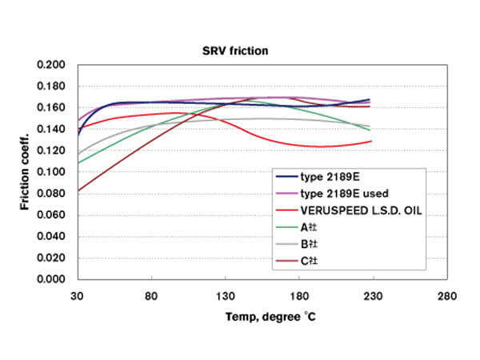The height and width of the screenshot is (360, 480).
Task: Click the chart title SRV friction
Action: click(x=234, y=50)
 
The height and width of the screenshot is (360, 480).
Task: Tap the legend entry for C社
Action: click(x=308, y=260)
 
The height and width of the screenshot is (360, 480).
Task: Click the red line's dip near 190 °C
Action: click(x=320, y=146)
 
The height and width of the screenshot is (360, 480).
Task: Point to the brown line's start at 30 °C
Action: click(x=78, y=191)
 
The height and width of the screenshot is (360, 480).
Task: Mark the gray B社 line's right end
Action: click(x=370, y=126)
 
